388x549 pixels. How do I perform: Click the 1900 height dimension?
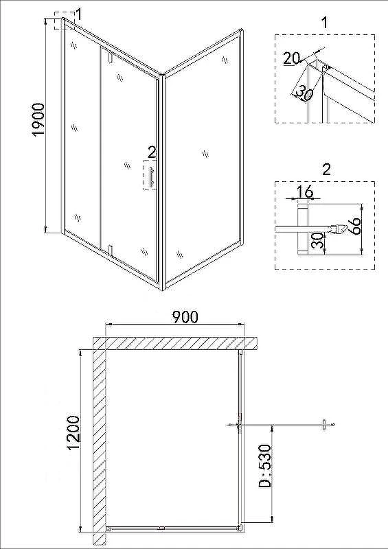pos(38,119)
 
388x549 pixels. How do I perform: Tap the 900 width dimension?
pos(185,316)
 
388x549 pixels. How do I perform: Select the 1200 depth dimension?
pos(73,433)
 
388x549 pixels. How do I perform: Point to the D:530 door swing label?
pos(264,466)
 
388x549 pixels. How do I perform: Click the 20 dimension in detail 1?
pos(292,58)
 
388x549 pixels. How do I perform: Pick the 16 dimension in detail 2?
pos(304,191)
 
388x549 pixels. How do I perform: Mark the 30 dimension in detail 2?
pos(318,240)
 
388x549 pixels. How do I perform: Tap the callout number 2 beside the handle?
pos(152,152)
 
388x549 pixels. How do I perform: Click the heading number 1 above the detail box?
pos(325,23)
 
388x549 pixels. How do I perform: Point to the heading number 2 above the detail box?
pos(326,170)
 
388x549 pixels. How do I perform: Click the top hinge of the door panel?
pos(111,58)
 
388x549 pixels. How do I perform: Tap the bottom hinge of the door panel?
pos(111,250)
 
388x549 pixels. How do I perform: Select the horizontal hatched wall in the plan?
pos(175,343)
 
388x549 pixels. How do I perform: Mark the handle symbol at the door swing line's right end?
pos(325,425)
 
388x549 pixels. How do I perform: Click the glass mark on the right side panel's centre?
pos(205,154)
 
